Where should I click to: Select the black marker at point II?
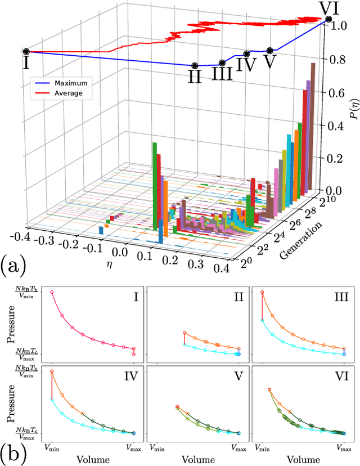click(x=195, y=66)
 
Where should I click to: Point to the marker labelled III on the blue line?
click(x=222, y=63)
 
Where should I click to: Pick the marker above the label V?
click(x=270, y=51)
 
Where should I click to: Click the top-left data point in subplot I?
click(x=52, y=292)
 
